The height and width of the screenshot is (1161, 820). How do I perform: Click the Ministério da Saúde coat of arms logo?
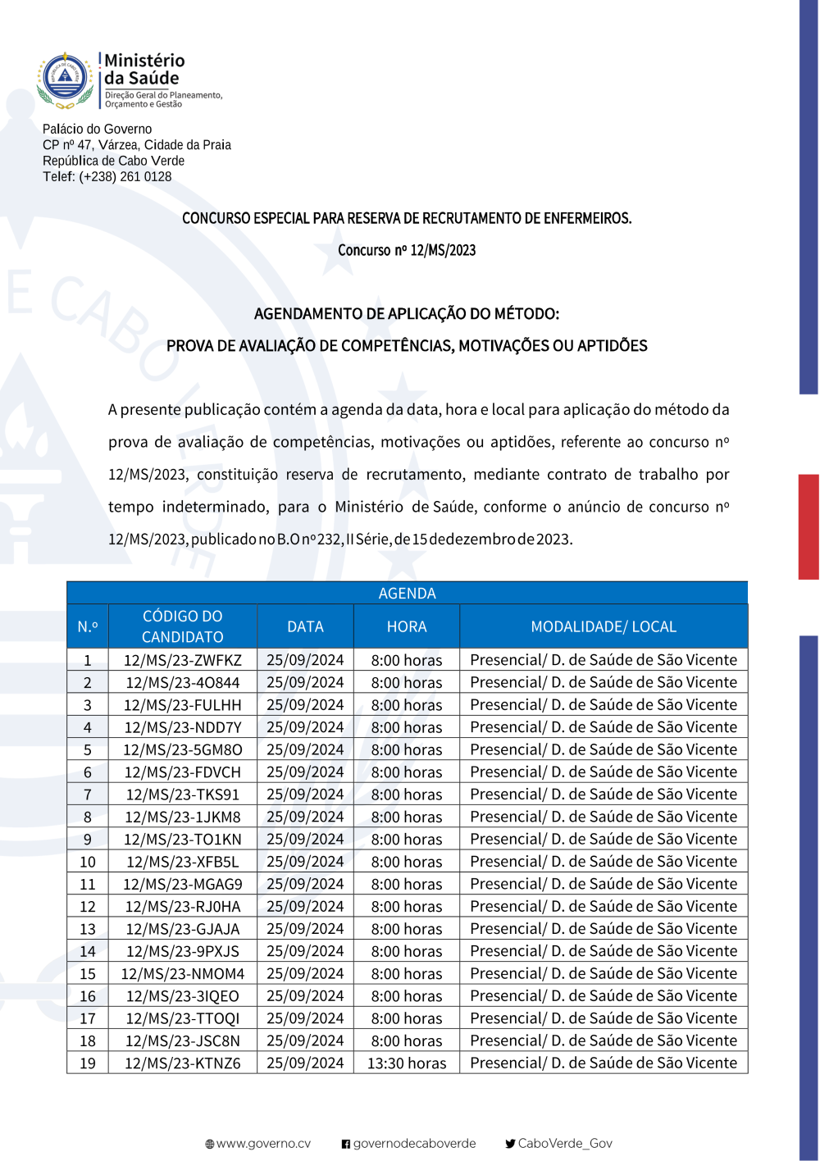pos(65,80)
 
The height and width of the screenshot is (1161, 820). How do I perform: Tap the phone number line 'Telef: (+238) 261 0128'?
pos(107,177)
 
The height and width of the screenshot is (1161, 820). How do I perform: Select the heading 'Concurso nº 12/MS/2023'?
pos(407,251)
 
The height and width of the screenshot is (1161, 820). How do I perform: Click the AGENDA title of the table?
pos(407,594)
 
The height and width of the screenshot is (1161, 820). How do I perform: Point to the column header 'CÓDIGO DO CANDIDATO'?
pos(182,626)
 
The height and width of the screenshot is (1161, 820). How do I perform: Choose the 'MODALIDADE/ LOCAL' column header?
pos(604,627)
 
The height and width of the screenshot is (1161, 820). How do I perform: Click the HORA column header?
pos(407,627)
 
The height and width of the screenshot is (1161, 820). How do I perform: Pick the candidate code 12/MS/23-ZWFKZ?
pos(183,661)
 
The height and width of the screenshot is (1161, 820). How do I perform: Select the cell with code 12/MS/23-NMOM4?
pos(183,974)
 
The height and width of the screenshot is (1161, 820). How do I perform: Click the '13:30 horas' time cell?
pos(407,1063)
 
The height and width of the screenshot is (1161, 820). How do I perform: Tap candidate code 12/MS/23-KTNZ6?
pos(183,1063)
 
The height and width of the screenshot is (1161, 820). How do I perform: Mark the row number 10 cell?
pos(88,863)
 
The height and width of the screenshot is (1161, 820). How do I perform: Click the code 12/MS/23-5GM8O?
pos(183,750)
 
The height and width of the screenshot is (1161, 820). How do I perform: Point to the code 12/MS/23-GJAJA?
pos(183,930)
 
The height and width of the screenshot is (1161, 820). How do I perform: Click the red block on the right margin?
pos(809,526)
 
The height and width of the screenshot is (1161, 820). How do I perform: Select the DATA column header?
pos(305,627)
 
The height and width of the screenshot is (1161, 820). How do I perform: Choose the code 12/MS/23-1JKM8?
pos(183,817)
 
